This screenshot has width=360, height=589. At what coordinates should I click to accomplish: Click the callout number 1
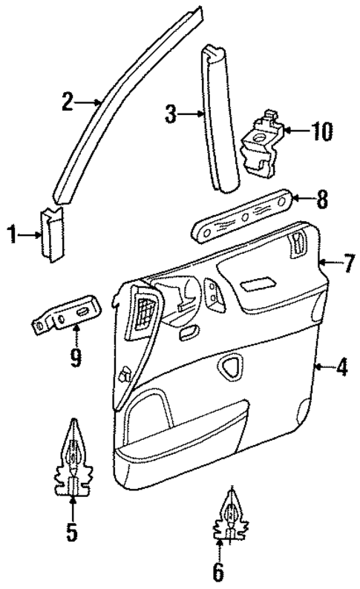[13, 236]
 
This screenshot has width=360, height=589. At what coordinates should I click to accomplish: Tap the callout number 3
[171, 114]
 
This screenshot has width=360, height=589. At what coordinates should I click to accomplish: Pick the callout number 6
[219, 571]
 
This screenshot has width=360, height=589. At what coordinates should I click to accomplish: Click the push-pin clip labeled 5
[73, 460]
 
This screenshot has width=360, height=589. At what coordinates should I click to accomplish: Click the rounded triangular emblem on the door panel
[232, 363]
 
